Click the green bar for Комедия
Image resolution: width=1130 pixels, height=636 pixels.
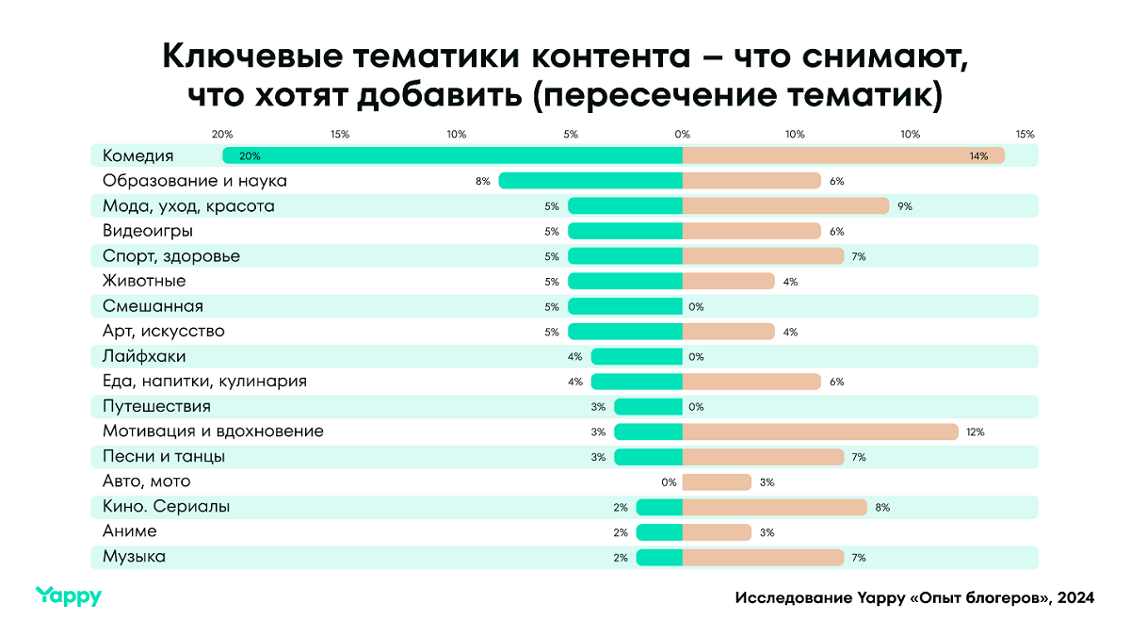452,155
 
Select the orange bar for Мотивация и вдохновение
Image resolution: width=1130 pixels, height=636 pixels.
820,432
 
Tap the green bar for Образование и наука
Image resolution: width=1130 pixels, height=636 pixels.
590,181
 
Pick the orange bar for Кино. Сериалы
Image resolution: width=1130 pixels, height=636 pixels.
774,507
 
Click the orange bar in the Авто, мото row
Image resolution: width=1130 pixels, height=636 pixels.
717,482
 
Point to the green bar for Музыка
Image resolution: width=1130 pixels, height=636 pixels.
659,558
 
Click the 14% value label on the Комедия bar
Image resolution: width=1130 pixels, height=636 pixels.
978,156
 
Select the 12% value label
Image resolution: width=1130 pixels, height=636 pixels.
975,432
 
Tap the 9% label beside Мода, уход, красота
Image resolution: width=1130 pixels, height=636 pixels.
905,206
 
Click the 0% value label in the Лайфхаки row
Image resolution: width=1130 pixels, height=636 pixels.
697,357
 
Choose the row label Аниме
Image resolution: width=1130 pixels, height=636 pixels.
130,532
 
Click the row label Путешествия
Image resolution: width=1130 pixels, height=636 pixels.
156,406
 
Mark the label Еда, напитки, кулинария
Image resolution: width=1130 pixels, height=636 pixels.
204,382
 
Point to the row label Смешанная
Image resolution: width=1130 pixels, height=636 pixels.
153,306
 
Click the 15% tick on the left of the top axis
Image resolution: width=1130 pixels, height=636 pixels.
340,135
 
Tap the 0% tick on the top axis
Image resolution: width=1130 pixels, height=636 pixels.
682,135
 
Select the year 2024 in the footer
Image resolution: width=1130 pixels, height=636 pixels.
1075,598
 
